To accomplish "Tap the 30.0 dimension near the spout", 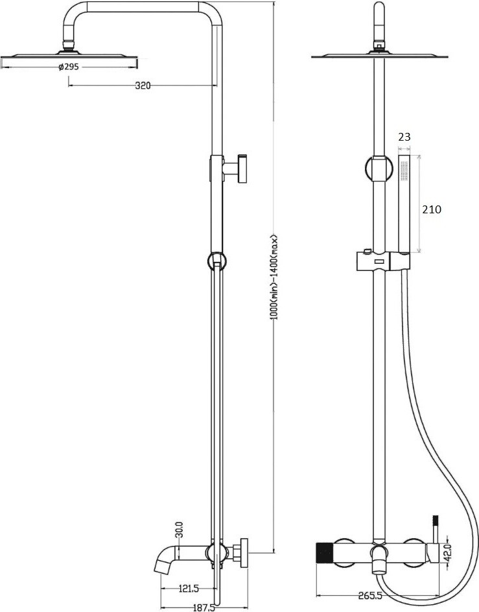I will (x=180, y=532).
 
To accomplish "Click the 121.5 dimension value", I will (x=187, y=588).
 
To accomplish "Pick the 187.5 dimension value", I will (x=204, y=607).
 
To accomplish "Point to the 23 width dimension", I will (x=404, y=136).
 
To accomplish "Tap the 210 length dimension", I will (x=432, y=209).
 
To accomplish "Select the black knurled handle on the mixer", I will (x=324, y=553).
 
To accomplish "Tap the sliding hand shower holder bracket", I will (x=382, y=262).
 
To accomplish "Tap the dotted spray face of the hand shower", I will (x=403, y=171).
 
